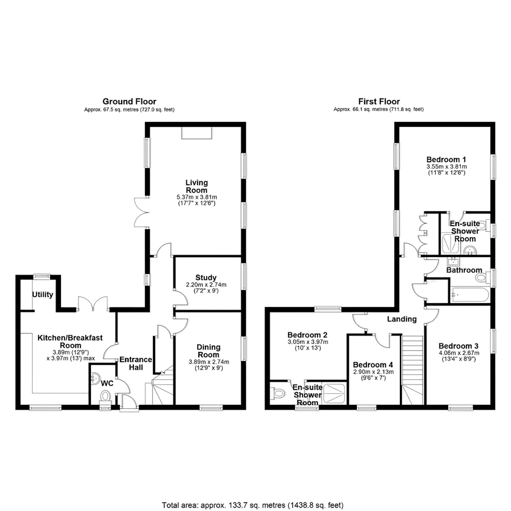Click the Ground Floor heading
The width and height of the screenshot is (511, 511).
coord(129,102)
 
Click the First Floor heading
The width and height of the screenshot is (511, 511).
coord(379,102)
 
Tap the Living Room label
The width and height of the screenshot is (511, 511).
coord(196,186)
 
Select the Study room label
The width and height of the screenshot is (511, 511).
coord(206,277)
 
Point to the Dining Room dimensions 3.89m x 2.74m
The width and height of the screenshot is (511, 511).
coord(209,362)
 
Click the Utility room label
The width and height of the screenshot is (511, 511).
coord(43,294)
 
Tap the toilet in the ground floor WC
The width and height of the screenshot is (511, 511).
coord(105,396)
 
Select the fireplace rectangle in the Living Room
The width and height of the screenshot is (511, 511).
coord(196,133)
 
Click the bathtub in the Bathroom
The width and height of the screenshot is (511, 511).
coord(470,295)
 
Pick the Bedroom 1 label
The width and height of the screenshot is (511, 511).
coord(446,159)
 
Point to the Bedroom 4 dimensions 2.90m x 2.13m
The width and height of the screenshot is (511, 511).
coord(373,371)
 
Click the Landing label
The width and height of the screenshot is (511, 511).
coord(402,319)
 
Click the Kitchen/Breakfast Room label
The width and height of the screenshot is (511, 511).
coord(70,341)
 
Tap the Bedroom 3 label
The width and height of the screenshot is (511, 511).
coord(458,346)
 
